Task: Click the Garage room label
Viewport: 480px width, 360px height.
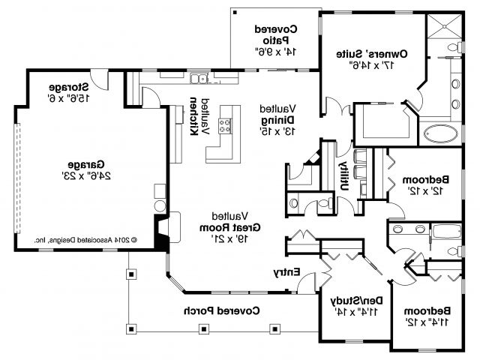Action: point(86,165)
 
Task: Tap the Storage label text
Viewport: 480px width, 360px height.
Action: point(69,87)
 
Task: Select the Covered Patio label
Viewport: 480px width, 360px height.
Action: point(276,34)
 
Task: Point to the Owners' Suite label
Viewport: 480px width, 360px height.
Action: point(372,54)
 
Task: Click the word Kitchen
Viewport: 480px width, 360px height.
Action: point(193,116)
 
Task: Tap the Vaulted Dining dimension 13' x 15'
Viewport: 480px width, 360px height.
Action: point(277,131)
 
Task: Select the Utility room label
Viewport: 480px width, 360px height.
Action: point(344,175)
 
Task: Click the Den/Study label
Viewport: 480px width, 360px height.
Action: point(357,301)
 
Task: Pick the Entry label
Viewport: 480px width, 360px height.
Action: point(286,271)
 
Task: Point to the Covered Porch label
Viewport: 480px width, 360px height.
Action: point(222,310)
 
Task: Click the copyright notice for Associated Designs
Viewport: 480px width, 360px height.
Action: point(85,240)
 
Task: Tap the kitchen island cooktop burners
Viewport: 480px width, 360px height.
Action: point(225,126)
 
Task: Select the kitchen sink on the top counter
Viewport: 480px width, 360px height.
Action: point(199,79)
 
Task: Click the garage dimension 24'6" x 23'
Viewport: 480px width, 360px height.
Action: point(86,176)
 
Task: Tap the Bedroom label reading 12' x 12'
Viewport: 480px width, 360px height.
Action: point(425,185)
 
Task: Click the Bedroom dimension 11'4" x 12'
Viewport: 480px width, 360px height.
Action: point(427,322)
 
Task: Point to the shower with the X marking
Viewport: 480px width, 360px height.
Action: point(445,26)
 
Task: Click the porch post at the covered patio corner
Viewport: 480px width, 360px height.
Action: point(235,13)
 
